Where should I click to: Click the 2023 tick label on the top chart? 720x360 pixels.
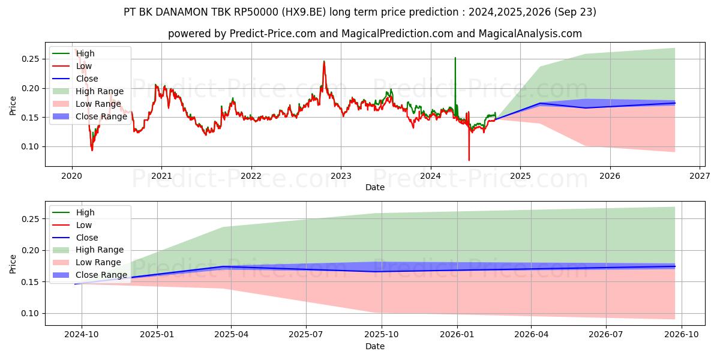pyautogui.click(x=341, y=175)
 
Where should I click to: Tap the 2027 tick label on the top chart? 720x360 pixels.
pyautogui.click(x=700, y=175)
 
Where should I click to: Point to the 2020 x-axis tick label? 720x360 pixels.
pyautogui.click(x=72, y=175)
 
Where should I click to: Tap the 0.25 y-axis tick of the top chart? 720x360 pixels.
pyautogui.click(x=31, y=59)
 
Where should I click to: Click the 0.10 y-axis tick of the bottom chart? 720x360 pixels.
pyautogui.click(x=31, y=313)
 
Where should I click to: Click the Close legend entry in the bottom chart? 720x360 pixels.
pyautogui.click(x=87, y=238)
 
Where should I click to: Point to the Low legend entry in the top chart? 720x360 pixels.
pyautogui.click(x=84, y=66)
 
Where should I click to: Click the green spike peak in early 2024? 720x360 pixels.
pyautogui.click(x=455, y=58)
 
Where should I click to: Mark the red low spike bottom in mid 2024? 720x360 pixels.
pyautogui.click(x=469, y=160)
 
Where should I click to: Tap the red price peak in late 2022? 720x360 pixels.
pyautogui.click(x=324, y=61)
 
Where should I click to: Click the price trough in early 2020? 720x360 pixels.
pyautogui.click(x=92, y=149)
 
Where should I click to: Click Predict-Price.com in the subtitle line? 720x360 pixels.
pyautogui.click(x=273, y=34)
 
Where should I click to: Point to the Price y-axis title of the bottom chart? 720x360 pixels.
pyautogui.click(x=13, y=264)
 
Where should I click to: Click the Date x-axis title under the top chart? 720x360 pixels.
pyautogui.click(x=375, y=187)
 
